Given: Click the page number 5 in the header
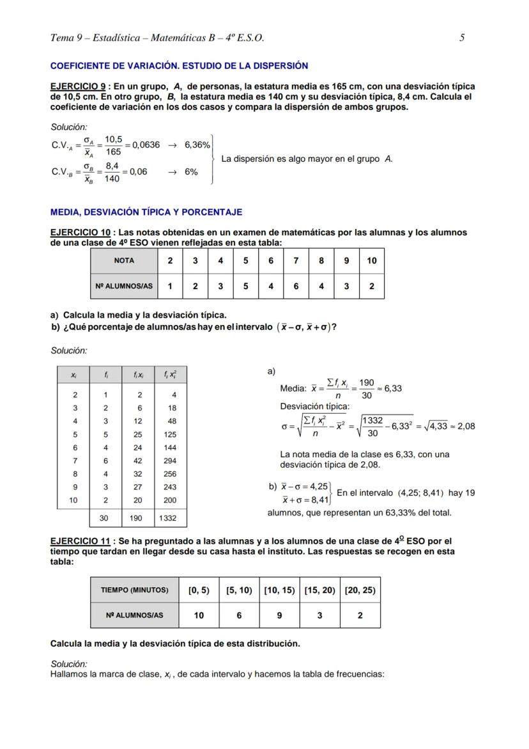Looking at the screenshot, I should click(x=461, y=38).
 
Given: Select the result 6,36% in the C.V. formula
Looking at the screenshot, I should click(x=197, y=145).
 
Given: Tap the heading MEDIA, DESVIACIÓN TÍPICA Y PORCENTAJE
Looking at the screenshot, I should click(x=146, y=212).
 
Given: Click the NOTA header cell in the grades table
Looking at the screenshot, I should click(x=124, y=261).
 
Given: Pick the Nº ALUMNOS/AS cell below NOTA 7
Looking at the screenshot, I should click(x=296, y=286).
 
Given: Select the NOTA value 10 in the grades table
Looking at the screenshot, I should click(x=371, y=261).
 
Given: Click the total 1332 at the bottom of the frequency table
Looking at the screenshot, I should click(x=168, y=518).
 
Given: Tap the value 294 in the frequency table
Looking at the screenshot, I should click(x=169, y=461).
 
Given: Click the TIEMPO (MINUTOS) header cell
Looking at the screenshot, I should click(x=134, y=590).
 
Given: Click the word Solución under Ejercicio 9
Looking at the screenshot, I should click(x=68, y=127).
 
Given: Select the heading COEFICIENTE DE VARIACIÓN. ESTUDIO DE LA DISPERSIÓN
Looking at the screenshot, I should click(x=179, y=65).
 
